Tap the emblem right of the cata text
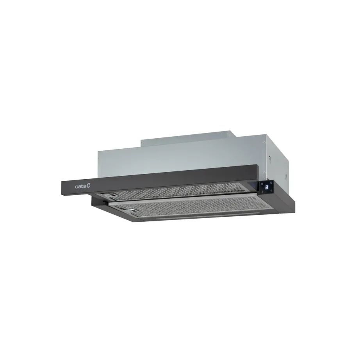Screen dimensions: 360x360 coord(89,186)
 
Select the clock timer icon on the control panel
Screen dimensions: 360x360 coord(271,183)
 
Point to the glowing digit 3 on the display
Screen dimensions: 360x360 coord(267,188)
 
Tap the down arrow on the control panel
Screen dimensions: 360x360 coord(262,192)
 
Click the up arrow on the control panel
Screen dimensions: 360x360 coord(271,191)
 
